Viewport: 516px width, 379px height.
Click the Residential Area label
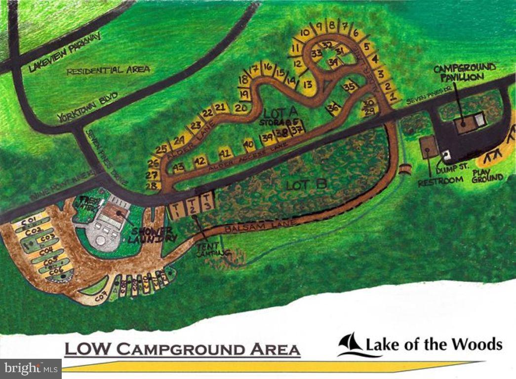coord(108,70)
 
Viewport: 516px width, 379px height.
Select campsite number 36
coord(334,108)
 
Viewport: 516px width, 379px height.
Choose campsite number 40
coord(249,145)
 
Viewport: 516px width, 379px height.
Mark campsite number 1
coord(393,97)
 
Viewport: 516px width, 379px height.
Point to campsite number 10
coord(305,33)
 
